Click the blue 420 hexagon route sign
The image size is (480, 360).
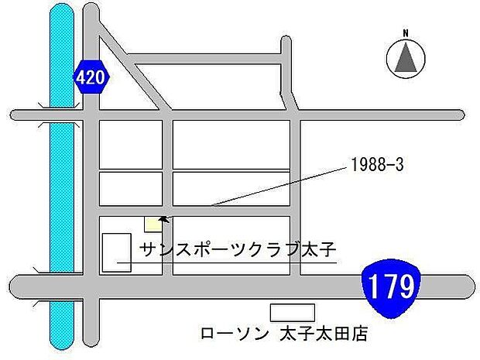pos(92,77)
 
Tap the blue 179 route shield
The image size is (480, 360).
pos(390,287)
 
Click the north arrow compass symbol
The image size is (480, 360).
pos(404,57)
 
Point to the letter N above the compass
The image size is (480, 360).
pos(404,33)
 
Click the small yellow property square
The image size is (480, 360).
pos(153,224)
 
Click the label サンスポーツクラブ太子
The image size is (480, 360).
pos(237,249)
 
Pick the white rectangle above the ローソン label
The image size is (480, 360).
pos(292,313)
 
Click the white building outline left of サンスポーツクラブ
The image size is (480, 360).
pos(117,252)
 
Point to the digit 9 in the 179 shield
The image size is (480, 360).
pos(405,287)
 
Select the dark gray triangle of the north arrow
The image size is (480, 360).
pos(404,60)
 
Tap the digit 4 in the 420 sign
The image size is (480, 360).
pos(84,77)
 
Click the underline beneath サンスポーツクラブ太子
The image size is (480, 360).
pos(232,263)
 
